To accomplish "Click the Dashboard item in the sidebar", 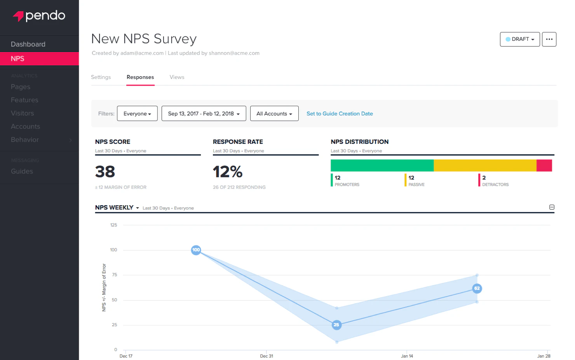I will tap(28, 44).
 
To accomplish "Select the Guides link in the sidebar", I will tap(22, 171).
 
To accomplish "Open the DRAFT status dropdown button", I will tap(520, 39).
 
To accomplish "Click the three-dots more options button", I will tap(549, 39).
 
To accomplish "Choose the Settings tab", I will tap(101, 77).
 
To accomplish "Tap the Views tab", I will tap(177, 77).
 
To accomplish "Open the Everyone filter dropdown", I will tap(137, 114).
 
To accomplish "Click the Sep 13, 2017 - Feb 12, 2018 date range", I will tap(204, 114).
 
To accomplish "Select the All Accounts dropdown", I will tap(274, 114).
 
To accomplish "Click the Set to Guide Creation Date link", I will tap(340, 114).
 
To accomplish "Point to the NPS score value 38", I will tap(105, 172).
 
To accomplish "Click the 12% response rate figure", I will tap(228, 172).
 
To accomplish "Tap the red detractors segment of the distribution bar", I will tap(544, 166).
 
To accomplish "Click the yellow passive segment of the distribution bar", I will tap(485, 166).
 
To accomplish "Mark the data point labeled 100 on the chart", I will tap(196, 250).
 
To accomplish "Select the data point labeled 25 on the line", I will tap(336, 325).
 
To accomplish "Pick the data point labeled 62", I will tap(477, 288).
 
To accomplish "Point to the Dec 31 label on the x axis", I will tap(267, 356).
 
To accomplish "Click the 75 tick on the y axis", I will tap(115, 275).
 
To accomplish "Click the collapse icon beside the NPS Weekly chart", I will tap(552, 207).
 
